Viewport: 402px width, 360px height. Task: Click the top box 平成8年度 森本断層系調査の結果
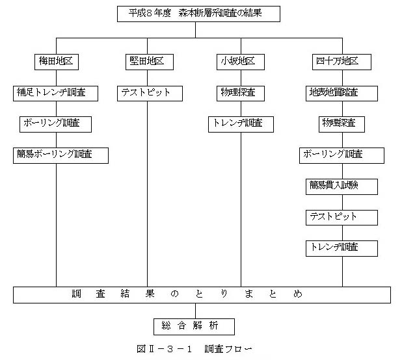click(198, 14)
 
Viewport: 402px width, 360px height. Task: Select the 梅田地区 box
click(57, 62)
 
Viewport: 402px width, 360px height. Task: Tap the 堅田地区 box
click(150, 62)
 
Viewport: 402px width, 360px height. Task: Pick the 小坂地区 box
click(241, 62)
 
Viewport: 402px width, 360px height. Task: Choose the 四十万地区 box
click(342, 62)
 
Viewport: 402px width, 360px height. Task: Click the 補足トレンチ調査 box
click(55, 94)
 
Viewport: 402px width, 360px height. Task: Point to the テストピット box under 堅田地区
click(150, 94)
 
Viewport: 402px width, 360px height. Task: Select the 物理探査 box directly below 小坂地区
click(241, 94)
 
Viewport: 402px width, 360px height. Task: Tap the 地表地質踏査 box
click(342, 94)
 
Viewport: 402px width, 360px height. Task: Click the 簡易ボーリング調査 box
click(60, 155)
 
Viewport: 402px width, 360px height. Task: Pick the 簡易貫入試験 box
click(342, 186)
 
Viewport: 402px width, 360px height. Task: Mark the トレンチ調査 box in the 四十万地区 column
click(342, 248)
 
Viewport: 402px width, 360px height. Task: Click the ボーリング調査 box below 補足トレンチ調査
click(55, 124)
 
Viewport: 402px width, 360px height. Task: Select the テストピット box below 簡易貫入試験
click(342, 218)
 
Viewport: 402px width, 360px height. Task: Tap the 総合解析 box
click(194, 327)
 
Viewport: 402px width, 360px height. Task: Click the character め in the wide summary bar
click(298, 294)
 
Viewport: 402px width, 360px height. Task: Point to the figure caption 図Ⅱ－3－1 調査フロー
click(194, 349)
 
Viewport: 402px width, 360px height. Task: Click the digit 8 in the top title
click(149, 13)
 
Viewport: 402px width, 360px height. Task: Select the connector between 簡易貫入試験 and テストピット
click(343, 202)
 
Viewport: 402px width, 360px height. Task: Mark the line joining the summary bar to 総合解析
click(195, 311)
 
